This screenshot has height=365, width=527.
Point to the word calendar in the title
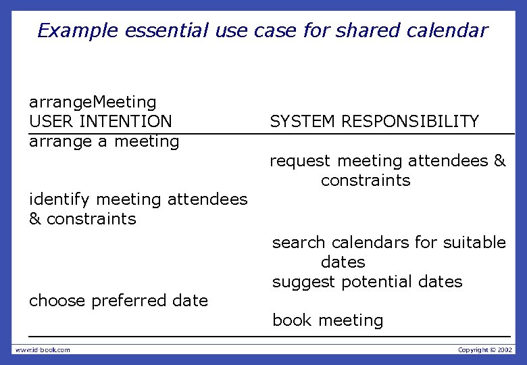coord(449,31)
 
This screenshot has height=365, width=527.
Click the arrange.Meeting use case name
coord(93,103)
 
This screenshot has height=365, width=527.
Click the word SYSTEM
coord(303,122)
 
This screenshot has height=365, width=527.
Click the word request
coord(300,162)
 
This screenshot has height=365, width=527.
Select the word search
coord(296,243)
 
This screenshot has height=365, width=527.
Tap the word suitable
coord(474,243)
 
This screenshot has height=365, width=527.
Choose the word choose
coord(56,301)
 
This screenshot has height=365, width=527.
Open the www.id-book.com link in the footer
coord(43,349)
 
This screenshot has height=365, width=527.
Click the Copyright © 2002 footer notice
coord(485,349)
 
